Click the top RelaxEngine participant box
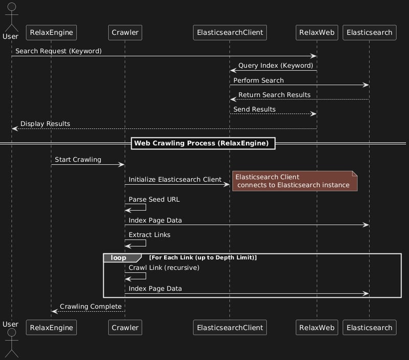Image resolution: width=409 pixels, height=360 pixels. pos(52,33)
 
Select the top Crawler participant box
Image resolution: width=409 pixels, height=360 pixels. pos(125,33)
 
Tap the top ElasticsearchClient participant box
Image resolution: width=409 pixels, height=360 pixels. pos(230,33)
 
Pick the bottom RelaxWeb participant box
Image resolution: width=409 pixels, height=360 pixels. pos(317,327)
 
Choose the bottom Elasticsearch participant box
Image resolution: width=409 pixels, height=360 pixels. pos(369,327)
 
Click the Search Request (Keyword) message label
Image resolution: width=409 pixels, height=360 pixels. pos(58,51)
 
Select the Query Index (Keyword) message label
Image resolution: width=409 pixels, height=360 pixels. pos(276,66)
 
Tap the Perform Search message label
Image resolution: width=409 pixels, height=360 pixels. pos(259,81)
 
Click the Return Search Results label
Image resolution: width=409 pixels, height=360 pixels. pos(275,95)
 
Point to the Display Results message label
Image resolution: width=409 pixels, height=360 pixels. pos(46,124)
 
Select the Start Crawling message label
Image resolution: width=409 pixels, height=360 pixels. pos(78,160)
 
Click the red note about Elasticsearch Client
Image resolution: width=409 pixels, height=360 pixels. pos(295,181)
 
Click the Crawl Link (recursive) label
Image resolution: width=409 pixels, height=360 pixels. pos(164,268)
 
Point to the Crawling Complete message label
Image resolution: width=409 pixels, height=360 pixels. pos(91,306)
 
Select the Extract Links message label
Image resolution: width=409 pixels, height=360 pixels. pos(149,235)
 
